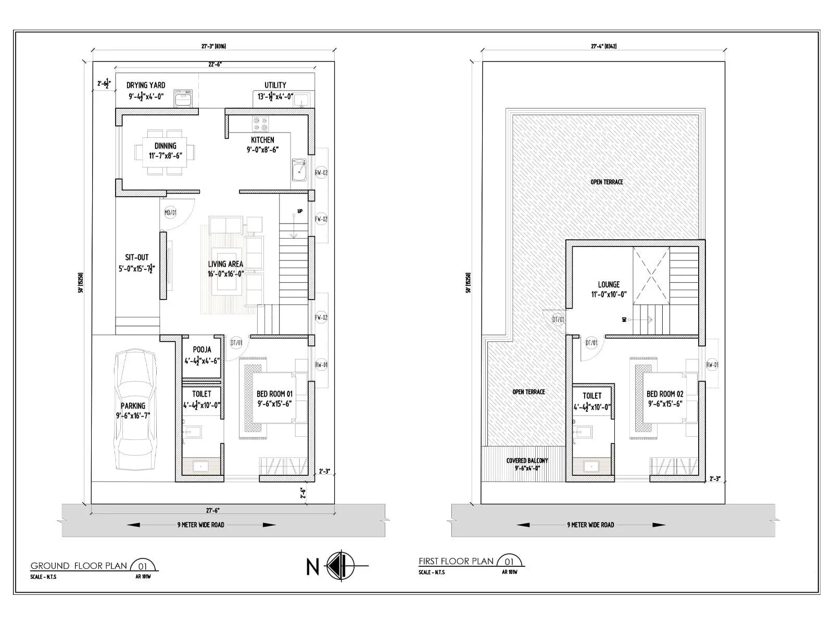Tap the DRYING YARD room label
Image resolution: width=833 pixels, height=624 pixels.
click(146, 85)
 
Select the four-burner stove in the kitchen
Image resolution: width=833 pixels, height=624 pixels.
click(260, 124)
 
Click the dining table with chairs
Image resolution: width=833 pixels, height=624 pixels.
click(166, 152)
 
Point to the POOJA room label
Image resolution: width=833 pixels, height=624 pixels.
click(202, 350)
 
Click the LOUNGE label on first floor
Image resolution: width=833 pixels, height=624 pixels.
click(609, 285)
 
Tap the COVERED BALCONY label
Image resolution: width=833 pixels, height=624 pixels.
click(527, 461)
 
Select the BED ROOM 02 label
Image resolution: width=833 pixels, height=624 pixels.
click(665, 394)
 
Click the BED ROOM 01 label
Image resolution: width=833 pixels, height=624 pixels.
click(274, 394)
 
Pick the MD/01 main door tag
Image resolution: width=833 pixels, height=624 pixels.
click(170, 213)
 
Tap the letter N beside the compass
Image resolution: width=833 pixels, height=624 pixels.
click(312, 567)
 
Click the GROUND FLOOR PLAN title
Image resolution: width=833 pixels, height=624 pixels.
click(79, 566)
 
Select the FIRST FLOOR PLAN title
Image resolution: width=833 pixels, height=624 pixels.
click(456, 561)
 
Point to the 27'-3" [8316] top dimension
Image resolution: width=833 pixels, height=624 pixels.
click(213, 46)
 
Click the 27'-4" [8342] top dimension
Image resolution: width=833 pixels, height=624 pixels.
click(603, 46)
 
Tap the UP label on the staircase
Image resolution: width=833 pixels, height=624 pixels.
click(300, 211)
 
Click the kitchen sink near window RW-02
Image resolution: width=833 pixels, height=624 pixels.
click(299, 170)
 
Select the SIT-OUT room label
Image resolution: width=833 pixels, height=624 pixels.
click(137, 257)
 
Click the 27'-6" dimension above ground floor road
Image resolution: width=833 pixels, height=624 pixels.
click(212, 510)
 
